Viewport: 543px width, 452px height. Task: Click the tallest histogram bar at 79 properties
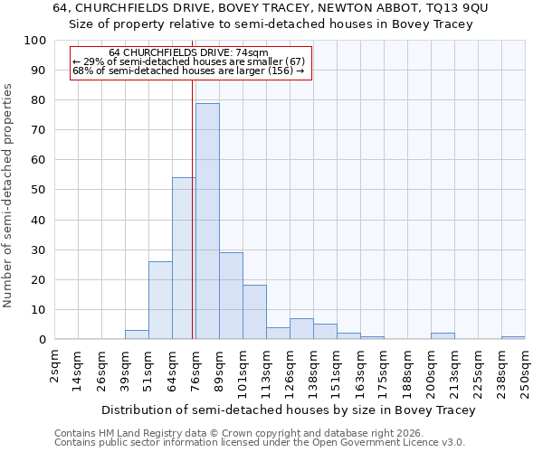coord(207,221)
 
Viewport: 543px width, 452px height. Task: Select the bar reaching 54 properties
coord(184,259)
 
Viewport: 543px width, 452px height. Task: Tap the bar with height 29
coord(231,296)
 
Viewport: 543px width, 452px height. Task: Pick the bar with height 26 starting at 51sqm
coord(160,300)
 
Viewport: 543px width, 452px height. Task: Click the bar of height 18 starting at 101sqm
coord(254,313)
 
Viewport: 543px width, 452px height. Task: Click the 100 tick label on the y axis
coord(35,41)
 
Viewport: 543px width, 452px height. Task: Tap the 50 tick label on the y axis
coord(39,190)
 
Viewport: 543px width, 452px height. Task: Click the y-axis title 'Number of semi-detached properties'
coord(9,195)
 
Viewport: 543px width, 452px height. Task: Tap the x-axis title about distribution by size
coord(288,410)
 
